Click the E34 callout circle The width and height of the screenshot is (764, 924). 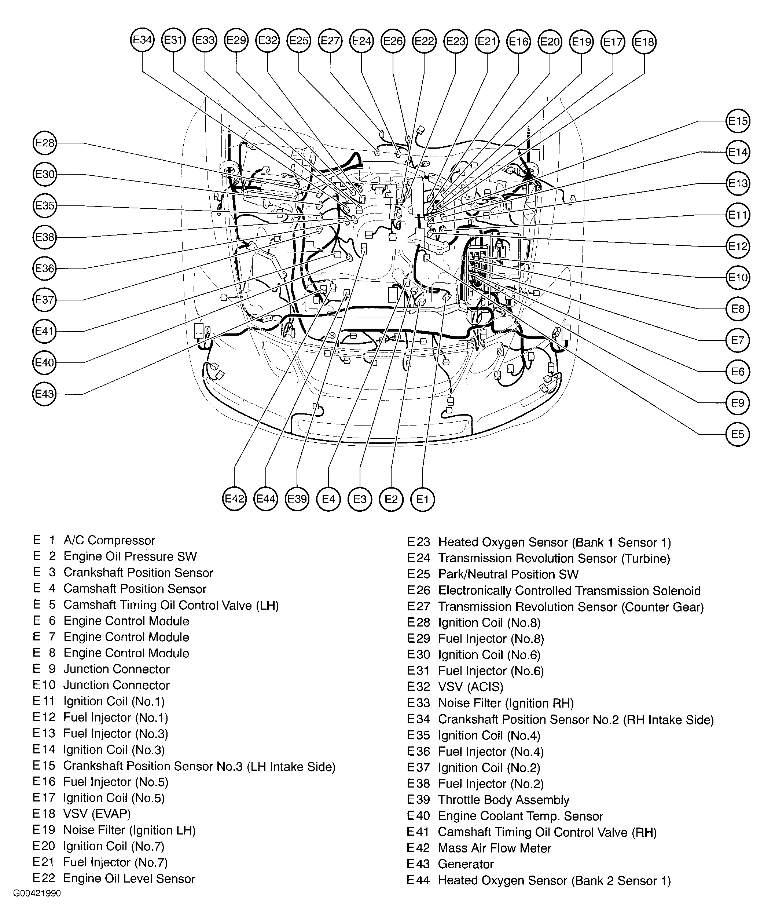[x=143, y=40]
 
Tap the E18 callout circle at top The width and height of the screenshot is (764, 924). [x=644, y=42]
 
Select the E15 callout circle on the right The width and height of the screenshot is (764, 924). [x=738, y=121]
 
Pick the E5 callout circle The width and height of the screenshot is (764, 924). [x=738, y=434]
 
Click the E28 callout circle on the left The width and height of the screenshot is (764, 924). [x=45, y=143]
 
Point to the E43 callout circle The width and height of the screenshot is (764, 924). [x=45, y=394]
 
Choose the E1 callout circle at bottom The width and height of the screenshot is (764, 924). [x=422, y=499]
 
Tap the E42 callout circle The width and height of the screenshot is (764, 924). [x=234, y=499]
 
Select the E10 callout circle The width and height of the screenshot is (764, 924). [x=738, y=278]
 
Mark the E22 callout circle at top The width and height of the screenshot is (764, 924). [x=425, y=41]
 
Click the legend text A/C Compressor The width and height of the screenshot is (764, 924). [x=109, y=540]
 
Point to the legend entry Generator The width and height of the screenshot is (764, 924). [x=466, y=864]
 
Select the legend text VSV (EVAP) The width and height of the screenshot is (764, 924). [x=97, y=814]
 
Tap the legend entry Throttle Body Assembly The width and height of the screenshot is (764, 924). [x=504, y=800]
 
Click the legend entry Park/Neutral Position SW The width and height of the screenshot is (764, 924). [x=508, y=575]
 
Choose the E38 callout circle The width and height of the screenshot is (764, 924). [x=45, y=238]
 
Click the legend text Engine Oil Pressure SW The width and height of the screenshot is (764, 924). [x=130, y=556]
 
